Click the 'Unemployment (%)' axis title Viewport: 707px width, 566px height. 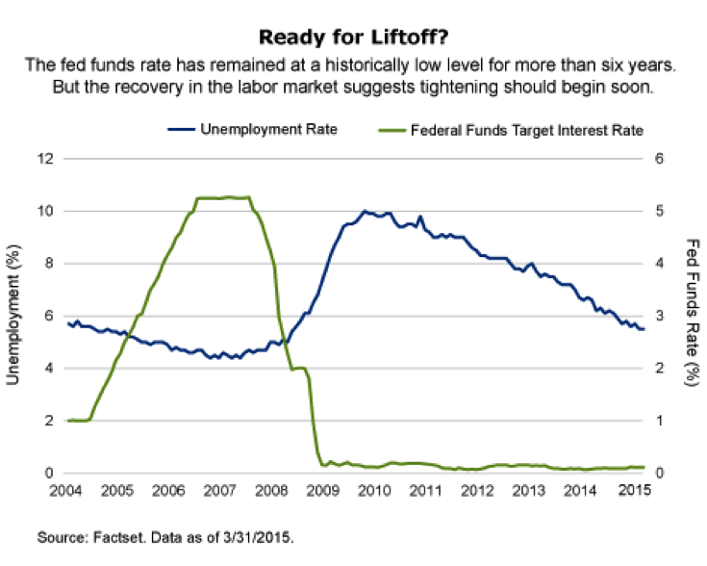click(x=13, y=315)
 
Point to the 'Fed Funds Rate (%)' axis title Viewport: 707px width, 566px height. click(x=692, y=315)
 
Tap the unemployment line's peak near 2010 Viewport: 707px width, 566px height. click(x=365, y=212)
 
